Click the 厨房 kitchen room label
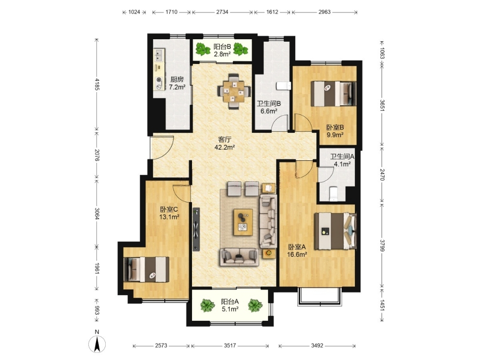click(x=176, y=79)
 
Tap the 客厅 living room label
click(x=224, y=140)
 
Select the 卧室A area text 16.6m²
click(x=297, y=254)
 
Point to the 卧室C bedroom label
click(x=169, y=209)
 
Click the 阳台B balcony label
click(x=222, y=47)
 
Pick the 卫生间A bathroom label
click(x=342, y=157)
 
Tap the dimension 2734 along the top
click(x=222, y=12)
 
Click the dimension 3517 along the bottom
click(x=230, y=345)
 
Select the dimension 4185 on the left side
click(x=97, y=84)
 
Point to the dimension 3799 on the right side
click(x=382, y=245)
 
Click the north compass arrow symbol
click(x=97, y=344)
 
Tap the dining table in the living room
click(x=234, y=91)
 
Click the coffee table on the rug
click(x=243, y=222)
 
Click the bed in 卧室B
click(x=334, y=94)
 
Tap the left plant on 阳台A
click(x=208, y=305)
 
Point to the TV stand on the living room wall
click(x=196, y=229)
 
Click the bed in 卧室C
click(x=146, y=269)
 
